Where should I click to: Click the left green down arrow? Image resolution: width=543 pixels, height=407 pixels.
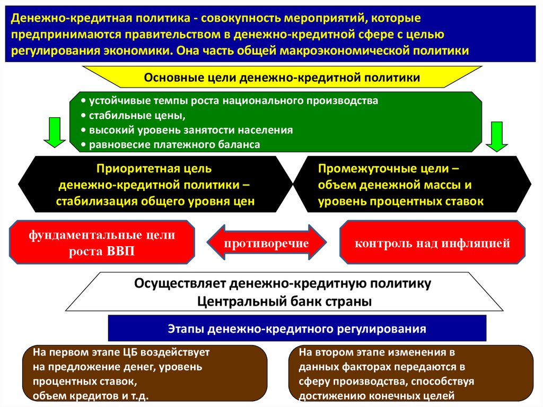point(53,133)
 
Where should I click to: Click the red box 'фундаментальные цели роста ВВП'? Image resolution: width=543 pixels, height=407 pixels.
point(102,244)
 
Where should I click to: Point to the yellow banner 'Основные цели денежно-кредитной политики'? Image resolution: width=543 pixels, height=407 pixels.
point(282,77)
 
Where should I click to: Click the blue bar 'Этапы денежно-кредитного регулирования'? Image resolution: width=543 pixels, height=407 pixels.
point(297,328)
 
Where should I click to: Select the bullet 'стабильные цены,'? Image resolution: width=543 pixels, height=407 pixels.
point(137,115)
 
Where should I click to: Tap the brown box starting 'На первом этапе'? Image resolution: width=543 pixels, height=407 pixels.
point(144,374)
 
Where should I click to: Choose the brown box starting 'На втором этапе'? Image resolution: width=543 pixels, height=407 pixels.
point(411,374)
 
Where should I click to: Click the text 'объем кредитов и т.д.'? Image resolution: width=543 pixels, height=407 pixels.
point(91,396)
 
